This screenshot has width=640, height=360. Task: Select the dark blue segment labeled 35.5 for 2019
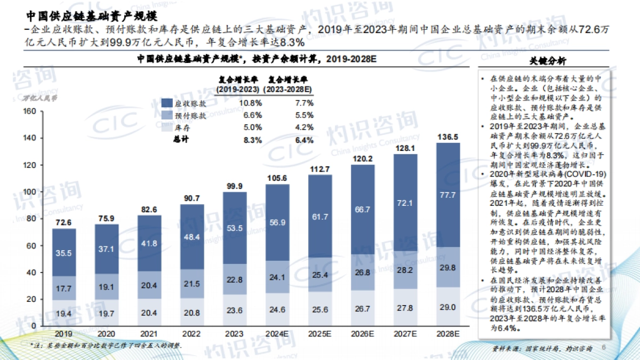click(63, 253)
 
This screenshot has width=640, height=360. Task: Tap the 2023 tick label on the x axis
click(235, 334)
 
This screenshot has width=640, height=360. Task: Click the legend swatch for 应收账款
click(166, 103)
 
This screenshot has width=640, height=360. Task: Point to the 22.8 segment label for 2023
click(235, 280)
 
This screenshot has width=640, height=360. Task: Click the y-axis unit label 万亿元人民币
click(38, 98)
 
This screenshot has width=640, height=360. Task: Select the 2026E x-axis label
click(363, 334)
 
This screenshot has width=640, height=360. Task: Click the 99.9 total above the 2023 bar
click(235, 186)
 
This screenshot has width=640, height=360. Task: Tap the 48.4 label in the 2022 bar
click(192, 236)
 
